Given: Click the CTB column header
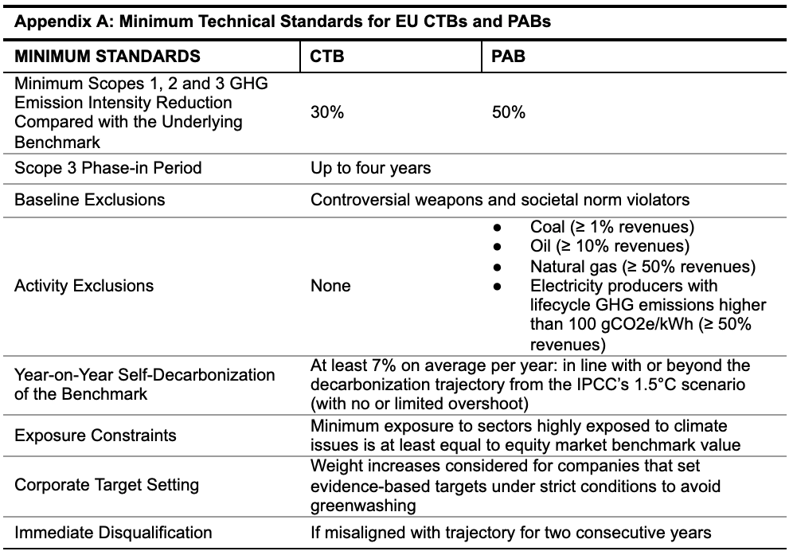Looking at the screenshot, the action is click(326, 56).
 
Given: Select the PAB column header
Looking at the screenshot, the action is click(508, 56).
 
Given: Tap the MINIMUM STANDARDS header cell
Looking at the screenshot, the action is click(107, 56).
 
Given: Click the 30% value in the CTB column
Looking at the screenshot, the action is click(326, 111).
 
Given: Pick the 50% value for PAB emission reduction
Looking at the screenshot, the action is click(508, 111).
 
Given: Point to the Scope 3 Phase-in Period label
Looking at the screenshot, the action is click(107, 167).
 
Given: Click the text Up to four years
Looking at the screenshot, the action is click(371, 167).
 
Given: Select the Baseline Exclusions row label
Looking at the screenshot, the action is click(89, 199).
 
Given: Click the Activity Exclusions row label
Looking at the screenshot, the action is click(84, 285).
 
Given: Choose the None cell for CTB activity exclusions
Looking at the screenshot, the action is click(330, 285).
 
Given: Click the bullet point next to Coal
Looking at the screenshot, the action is click(497, 228).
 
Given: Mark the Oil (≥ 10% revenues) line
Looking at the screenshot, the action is click(609, 246).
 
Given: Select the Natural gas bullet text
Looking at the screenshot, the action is click(643, 266).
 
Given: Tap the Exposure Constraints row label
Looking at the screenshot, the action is click(95, 435).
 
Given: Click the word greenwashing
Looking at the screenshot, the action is click(363, 506).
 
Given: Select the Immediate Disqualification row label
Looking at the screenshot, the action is click(113, 532).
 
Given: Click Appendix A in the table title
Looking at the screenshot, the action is click(64, 21).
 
